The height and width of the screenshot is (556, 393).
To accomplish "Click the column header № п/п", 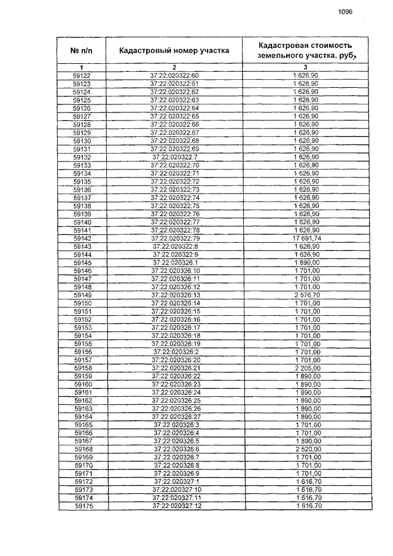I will (82, 50).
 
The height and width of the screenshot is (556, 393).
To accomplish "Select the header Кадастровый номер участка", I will (174, 50).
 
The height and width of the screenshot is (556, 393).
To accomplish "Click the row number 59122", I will (82, 76).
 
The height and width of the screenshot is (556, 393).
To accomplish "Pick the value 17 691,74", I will (305, 238).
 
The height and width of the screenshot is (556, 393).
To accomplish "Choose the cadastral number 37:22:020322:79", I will (175, 238).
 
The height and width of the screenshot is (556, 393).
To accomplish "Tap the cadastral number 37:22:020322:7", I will (175, 157).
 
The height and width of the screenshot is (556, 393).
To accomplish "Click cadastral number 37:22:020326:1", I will (176, 262).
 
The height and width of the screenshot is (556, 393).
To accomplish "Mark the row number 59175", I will (82, 506).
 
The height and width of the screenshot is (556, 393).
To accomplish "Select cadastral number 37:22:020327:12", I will (176, 506).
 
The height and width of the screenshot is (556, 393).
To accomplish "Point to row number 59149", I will (82, 295).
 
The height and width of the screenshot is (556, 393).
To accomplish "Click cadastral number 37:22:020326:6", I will (176, 448).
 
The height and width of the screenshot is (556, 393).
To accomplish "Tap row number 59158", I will (82, 367).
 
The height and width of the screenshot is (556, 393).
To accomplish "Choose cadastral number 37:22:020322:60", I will (175, 76).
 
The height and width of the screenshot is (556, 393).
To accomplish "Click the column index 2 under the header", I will (174, 66).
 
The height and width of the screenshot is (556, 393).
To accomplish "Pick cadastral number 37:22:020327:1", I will (176, 481).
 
